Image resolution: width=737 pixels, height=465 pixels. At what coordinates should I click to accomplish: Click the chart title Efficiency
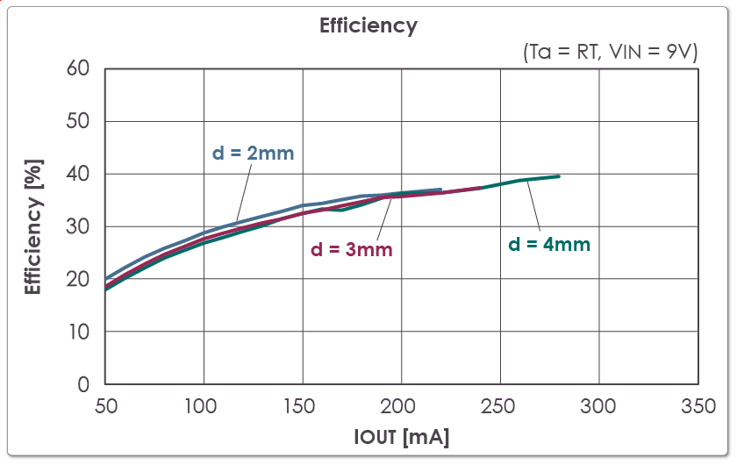point(368,25)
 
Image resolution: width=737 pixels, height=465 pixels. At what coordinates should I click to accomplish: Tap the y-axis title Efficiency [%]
point(33,226)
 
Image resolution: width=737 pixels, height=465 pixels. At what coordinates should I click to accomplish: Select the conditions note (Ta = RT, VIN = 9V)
point(610,52)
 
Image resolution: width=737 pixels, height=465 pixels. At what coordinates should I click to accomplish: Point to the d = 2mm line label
point(253,153)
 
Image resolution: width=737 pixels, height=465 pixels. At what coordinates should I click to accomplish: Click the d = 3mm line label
point(351,249)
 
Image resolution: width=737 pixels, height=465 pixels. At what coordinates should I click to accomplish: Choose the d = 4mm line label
point(549,245)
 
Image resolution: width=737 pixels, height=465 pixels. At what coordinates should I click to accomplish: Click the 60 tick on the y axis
point(78,68)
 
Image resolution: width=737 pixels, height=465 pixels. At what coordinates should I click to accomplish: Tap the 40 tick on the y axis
point(78,174)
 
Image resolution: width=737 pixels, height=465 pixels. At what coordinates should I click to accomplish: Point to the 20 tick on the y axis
point(78,279)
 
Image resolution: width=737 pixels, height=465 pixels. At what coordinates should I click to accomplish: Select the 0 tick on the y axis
point(84,384)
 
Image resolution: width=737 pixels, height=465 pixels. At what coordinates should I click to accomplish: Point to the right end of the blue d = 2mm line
point(440,189)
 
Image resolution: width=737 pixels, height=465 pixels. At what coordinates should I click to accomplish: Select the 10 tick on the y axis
point(78,332)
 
